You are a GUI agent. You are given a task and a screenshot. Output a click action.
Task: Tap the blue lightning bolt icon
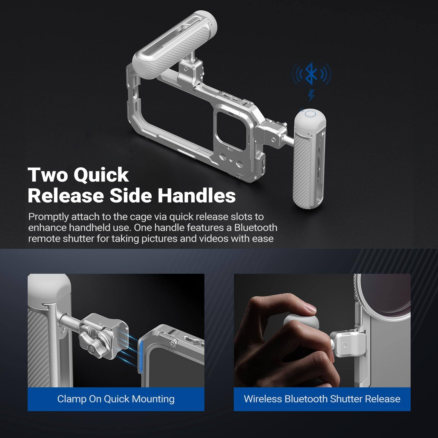pos(311,96)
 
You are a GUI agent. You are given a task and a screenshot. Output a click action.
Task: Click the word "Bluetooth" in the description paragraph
pos(256,228)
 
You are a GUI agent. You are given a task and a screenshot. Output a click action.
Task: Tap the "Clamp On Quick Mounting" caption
pos(116,399)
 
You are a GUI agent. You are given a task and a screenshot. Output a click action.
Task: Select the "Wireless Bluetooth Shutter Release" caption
pos(322,399)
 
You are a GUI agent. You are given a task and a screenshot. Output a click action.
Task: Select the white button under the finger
pos(301,323)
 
